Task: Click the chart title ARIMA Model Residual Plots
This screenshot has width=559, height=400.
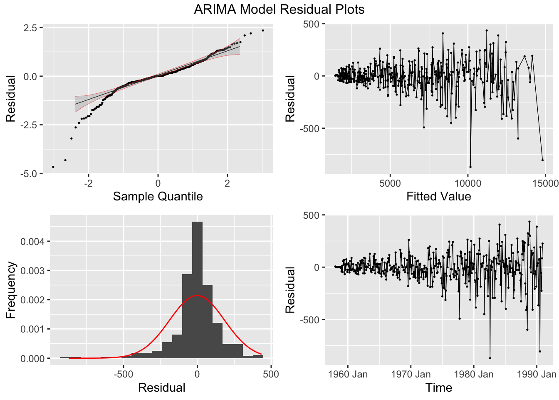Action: [279, 9]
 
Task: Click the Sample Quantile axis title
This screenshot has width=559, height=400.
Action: [158, 196]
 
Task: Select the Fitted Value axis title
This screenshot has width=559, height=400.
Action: [438, 196]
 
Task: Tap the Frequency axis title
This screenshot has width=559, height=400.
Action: [11, 290]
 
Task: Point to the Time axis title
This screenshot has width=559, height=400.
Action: [438, 387]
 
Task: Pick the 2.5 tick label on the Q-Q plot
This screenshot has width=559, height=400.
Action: [30, 27]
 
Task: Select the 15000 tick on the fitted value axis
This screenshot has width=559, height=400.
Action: [545, 183]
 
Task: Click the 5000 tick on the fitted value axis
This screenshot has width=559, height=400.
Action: [390, 183]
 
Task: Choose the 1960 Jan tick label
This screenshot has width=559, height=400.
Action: [348, 374]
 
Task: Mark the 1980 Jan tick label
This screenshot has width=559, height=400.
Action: [473, 374]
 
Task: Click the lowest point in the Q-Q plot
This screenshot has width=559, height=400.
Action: [53, 167]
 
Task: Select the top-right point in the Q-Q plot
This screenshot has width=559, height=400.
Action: [263, 30]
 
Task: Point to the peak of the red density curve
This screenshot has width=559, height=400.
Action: [197, 295]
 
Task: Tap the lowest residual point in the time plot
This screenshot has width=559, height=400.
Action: [490, 358]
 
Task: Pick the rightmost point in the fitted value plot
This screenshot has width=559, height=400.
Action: [542, 160]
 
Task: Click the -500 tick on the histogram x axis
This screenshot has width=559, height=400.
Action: [124, 374]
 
